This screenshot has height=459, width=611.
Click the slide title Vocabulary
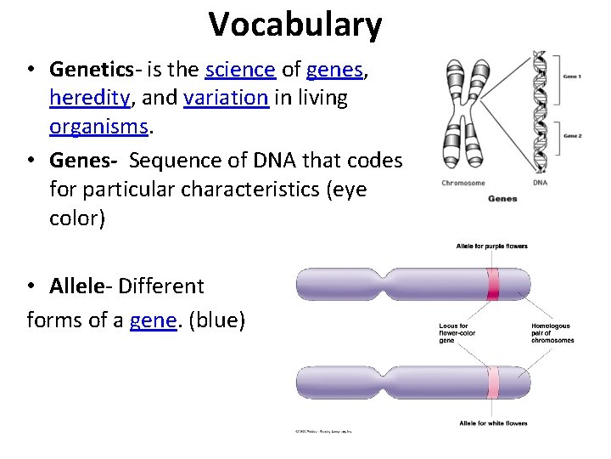point(295,25)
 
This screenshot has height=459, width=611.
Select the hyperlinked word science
point(240,70)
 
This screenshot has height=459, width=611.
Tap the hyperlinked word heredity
point(89,99)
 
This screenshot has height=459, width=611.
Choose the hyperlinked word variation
point(226,99)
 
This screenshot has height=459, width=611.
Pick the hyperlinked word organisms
point(98,127)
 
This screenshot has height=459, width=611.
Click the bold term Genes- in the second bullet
point(84,160)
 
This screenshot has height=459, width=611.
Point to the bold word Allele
point(80,286)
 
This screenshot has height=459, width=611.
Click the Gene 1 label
point(572,77)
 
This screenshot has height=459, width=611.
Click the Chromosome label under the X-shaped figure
point(462,183)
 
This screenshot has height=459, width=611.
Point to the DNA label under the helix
point(540,183)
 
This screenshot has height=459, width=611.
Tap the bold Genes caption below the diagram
point(502,199)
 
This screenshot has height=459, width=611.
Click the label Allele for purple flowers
point(492,246)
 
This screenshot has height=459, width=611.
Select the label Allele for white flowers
point(493,423)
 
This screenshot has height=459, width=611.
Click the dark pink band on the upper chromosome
point(493,284)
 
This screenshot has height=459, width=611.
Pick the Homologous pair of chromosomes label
point(552,332)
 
